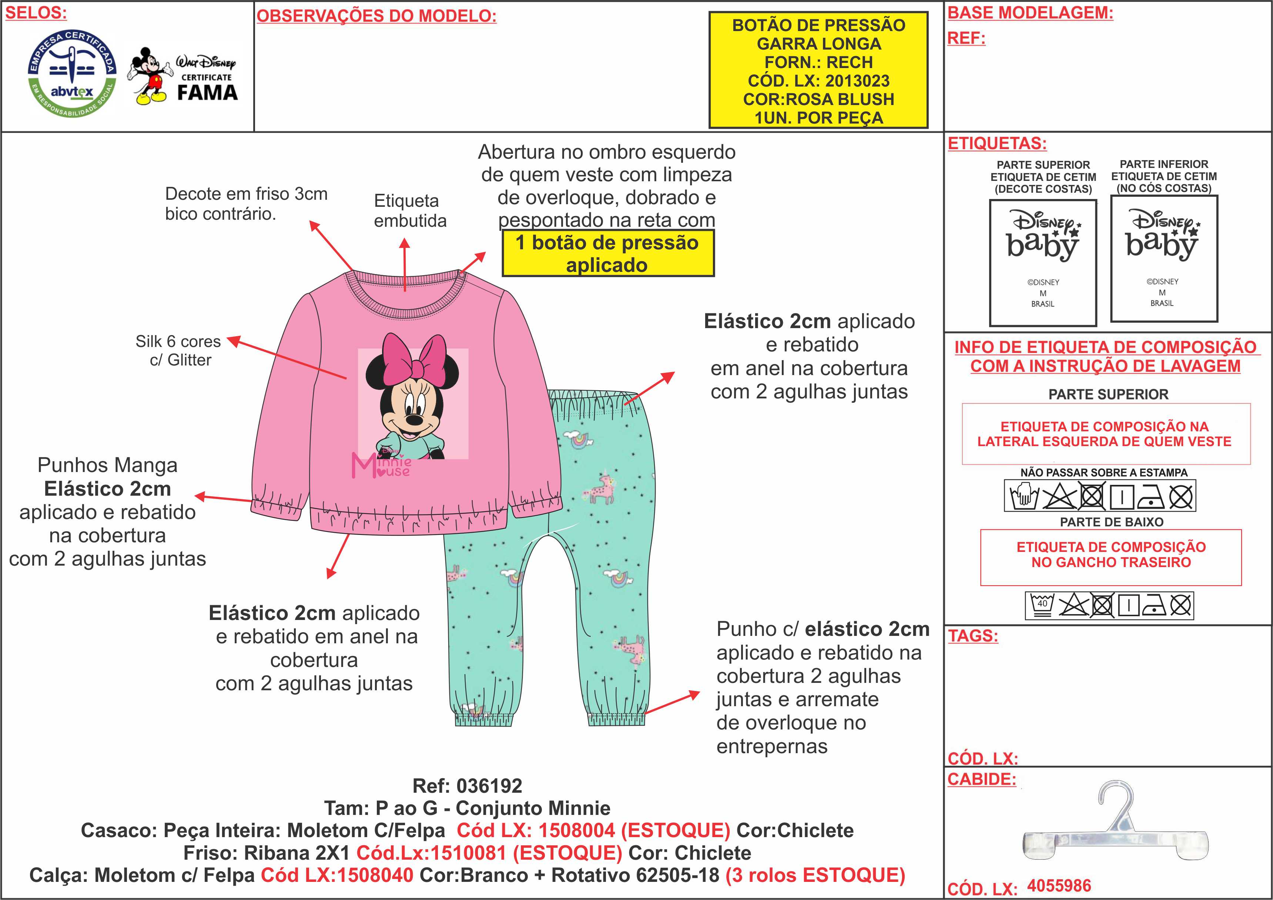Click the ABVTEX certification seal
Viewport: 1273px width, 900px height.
pyautogui.click(x=72, y=73)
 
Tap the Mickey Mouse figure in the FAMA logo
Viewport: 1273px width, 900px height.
pyautogui.click(x=148, y=76)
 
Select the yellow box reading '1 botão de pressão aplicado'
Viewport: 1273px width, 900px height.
pyautogui.click(x=608, y=254)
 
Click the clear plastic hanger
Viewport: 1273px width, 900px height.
pyautogui.click(x=1115, y=829)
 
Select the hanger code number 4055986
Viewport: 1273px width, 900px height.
pyautogui.click(x=1059, y=885)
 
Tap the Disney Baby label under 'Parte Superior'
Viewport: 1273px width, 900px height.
pyautogui.click(x=1043, y=263)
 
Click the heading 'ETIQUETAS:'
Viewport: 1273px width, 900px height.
pyautogui.click(x=997, y=144)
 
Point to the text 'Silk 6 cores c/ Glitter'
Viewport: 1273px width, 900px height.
pyautogui.click(x=178, y=350)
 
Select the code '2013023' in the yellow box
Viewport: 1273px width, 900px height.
pyautogui.click(x=857, y=81)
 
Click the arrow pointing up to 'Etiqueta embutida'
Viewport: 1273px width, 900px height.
pyautogui.click(x=405, y=264)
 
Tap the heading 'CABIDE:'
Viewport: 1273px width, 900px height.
pyautogui.click(x=981, y=779)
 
